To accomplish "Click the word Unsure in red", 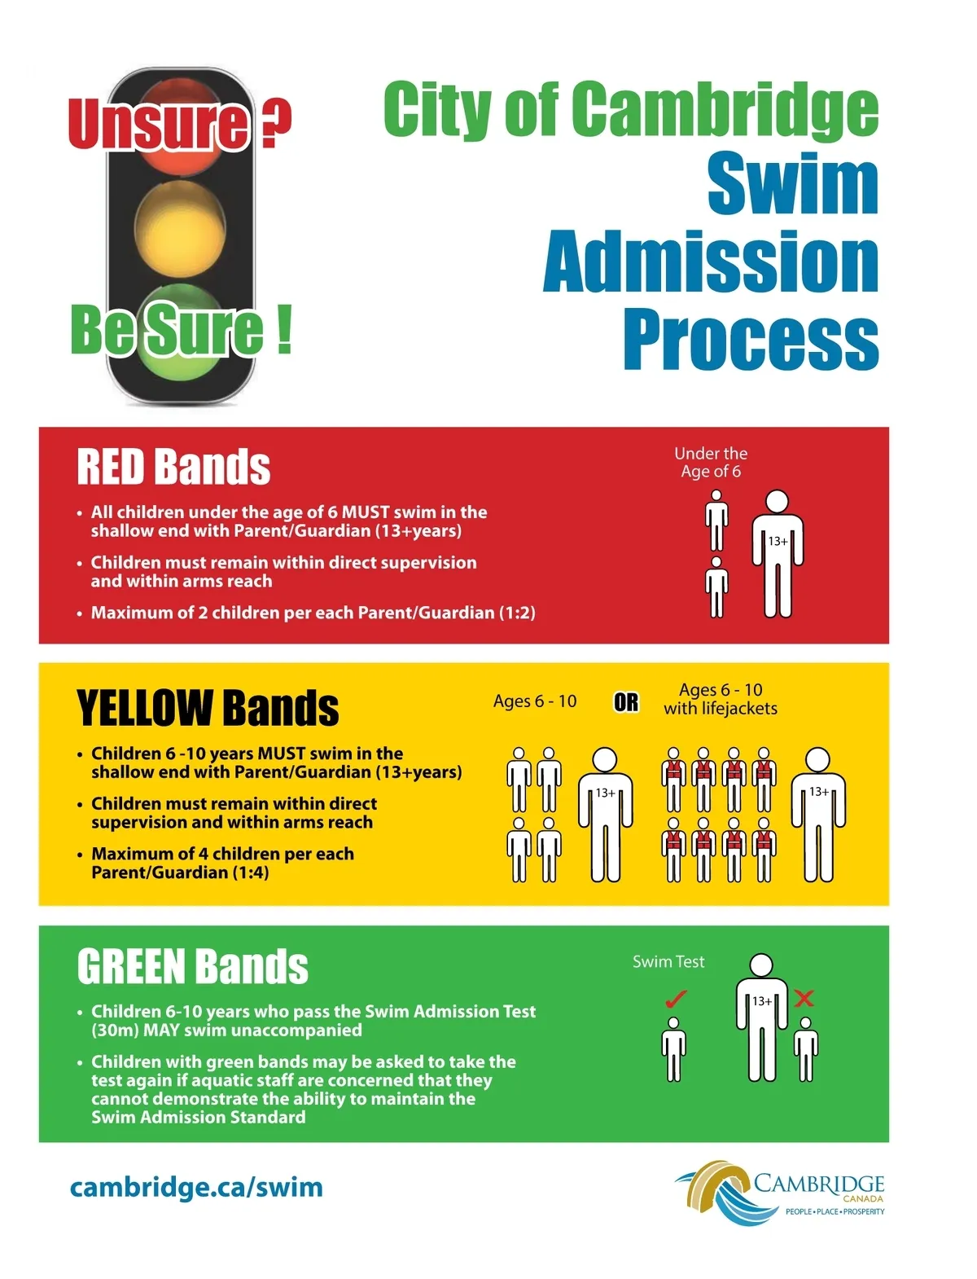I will (160, 124).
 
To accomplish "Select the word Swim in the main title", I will (792, 185).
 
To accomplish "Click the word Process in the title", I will (751, 339).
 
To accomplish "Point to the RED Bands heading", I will (173, 467).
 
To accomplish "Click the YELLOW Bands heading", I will (208, 708).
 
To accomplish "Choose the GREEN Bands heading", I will (193, 967).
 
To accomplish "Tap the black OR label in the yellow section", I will (626, 702).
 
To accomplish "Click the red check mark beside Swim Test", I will (676, 998).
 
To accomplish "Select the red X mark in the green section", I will (804, 998).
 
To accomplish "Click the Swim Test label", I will (668, 962).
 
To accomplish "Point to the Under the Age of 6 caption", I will (711, 463).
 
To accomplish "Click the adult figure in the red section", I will (778, 554).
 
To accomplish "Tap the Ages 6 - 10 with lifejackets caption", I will (721, 699).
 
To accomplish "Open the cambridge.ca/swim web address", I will (196, 1187).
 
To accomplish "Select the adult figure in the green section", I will (761, 1018).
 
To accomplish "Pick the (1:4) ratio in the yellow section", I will (251, 872).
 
